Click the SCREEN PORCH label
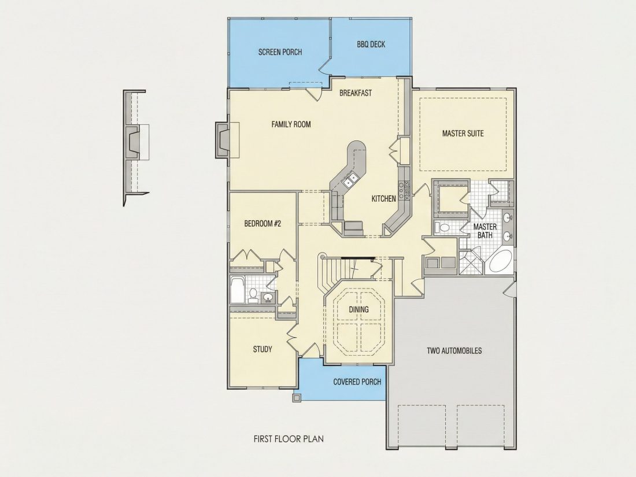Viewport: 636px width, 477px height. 280,52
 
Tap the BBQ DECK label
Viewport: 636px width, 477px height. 371,44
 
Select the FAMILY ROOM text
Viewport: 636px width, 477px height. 291,124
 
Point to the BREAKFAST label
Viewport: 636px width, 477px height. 356,93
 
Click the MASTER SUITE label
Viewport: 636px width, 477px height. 463,133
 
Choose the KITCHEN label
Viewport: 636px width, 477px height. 384,199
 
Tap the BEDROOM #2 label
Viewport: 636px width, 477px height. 262,224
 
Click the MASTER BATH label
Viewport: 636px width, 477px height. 485,231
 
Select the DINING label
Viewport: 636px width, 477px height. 359,309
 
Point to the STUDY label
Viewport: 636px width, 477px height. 262,349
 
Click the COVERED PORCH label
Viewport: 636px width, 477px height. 357,382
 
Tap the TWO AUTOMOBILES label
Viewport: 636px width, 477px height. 454,350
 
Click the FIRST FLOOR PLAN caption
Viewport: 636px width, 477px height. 289,439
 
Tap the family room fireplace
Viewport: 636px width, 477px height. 222,139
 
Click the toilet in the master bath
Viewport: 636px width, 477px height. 443,227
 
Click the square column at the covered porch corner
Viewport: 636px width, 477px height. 297,397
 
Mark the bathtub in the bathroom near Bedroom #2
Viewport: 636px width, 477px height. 237,290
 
